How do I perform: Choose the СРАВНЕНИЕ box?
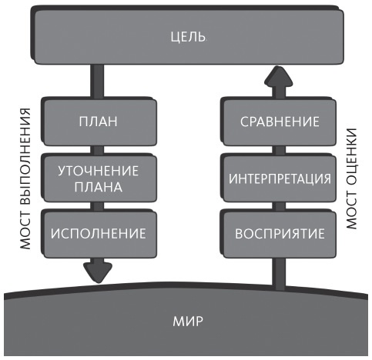(280, 121)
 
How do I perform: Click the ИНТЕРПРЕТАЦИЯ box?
(280, 178)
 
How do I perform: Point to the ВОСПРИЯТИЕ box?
(280, 232)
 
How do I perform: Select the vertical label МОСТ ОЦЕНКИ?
(353, 178)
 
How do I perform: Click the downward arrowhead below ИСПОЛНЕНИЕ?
(98, 269)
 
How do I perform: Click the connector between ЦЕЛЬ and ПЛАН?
(98, 81)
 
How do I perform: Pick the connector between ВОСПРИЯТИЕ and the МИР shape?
(280, 269)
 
